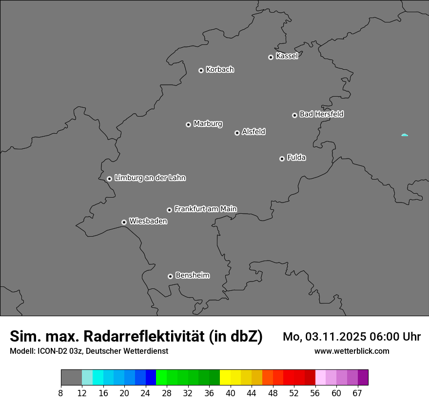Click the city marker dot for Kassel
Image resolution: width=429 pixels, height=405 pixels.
click(271, 57)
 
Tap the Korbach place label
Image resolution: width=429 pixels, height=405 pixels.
click(220, 70)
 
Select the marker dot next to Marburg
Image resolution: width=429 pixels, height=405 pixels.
click(188, 124)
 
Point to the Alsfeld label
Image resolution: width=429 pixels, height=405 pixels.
click(253, 132)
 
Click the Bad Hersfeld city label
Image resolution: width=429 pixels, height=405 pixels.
click(321, 114)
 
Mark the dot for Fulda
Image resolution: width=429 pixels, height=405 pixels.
click(282, 159)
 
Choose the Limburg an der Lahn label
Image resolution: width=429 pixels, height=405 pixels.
click(150, 178)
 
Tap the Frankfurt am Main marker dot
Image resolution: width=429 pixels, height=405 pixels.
click(169, 210)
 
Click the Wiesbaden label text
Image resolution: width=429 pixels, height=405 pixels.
click(148, 221)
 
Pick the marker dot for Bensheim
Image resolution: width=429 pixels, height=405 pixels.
click(170, 276)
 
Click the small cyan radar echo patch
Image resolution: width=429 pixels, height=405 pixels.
click(404, 135)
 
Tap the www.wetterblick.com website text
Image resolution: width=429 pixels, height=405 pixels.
click(352, 351)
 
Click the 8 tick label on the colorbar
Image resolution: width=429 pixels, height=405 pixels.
click(61, 393)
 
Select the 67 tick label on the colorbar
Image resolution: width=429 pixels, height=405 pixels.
click(357, 393)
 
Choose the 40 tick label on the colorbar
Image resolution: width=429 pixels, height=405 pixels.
click(230, 393)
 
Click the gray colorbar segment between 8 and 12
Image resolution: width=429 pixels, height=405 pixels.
click(71, 378)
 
